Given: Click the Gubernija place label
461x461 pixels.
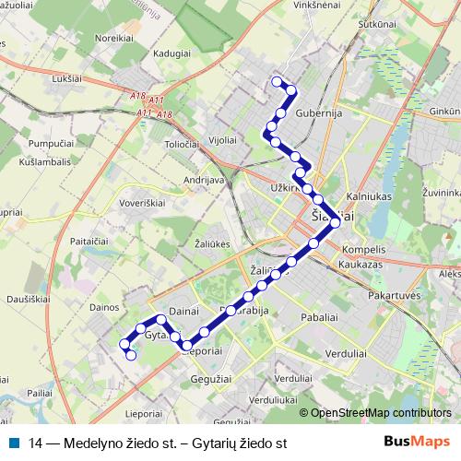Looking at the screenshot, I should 320,112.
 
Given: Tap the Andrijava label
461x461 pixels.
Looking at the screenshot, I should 206,180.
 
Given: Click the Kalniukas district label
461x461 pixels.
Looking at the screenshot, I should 369,196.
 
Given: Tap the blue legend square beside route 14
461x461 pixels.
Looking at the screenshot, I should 15,442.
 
